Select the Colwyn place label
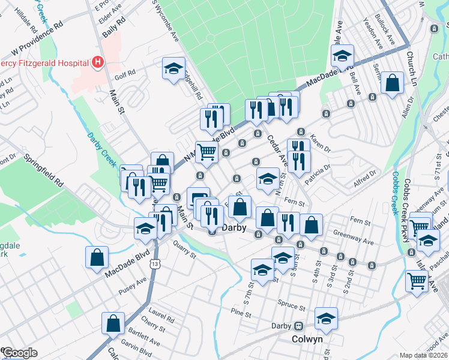[x=307, y=339]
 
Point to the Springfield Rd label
[x=43, y=171]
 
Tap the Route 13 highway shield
[x=155, y=264]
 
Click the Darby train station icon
[x=298, y=326]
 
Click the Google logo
[x=20, y=353]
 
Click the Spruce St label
[x=292, y=305]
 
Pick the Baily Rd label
[x=113, y=27]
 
